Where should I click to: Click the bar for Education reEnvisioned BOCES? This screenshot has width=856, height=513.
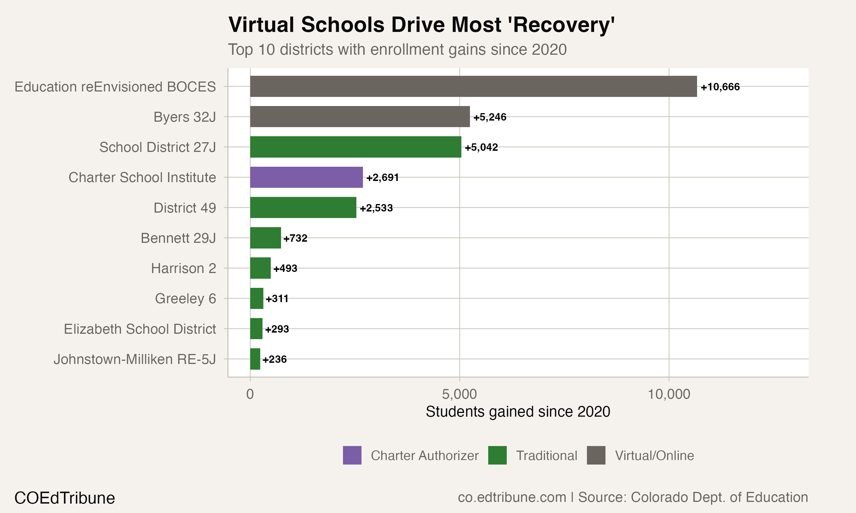[x=473, y=86]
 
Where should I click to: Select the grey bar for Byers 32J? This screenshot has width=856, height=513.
[x=360, y=117]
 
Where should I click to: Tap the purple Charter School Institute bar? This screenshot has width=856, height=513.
[x=306, y=177]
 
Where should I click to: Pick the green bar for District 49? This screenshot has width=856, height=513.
[x=303, y=208]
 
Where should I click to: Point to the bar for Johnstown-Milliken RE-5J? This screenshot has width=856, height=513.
[x=255, y=359]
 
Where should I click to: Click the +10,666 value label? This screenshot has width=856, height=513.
[x=720, y=87]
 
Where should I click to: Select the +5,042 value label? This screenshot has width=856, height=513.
[x=481, y=147]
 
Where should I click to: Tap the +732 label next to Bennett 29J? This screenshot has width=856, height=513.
[x=295, y=238]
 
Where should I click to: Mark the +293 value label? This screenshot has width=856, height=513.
[x=277, y=329]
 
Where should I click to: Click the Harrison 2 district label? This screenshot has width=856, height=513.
[x=183, y=268]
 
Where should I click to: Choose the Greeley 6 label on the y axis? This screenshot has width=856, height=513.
[x=185, y=299]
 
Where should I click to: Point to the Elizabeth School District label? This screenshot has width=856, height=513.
[x=140, y=329]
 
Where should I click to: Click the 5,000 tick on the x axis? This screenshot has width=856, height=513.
[x=459, y=394]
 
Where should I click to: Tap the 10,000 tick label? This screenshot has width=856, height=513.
[x=669, y=394]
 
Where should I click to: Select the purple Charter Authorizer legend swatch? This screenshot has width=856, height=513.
[x=352, y=455]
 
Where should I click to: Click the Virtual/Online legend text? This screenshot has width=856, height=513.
[x=654, y=456]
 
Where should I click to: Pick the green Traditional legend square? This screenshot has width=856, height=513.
[x=497, y=455]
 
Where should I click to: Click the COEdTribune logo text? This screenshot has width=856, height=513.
[x=65, y=498]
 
